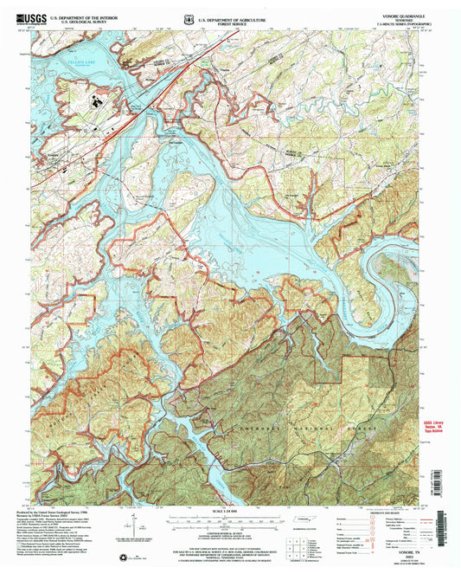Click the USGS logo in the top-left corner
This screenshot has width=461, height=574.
click(x=31, y=16)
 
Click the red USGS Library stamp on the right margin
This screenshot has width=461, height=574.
click(x=435, y=428)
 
